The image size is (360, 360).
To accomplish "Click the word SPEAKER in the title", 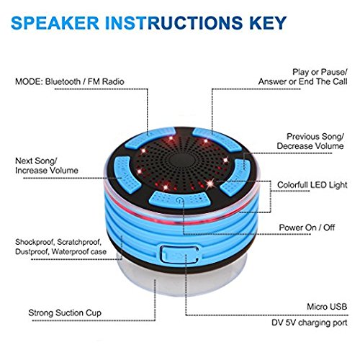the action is click(55, 23).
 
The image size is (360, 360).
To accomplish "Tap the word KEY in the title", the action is click(268, 23).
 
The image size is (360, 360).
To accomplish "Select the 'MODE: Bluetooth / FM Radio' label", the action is click(70, 81).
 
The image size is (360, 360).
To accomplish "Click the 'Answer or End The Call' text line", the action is click(303, 82).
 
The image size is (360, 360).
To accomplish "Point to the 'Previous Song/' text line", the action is click(315, 137).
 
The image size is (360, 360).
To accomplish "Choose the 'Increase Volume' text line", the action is click(47, 171).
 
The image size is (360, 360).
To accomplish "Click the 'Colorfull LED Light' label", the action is click(312, 185).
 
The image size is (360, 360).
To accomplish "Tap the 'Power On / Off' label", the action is click(307, 228).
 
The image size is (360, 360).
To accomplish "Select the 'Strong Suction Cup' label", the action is click(65, 313).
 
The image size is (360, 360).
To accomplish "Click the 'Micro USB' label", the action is click(327, 307).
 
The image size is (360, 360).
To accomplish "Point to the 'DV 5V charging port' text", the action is click(310, 323).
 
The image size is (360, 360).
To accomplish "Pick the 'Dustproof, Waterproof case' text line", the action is click(60, 251).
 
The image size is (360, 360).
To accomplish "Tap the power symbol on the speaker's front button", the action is click(179, 199).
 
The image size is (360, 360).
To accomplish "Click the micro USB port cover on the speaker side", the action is click(179, 254).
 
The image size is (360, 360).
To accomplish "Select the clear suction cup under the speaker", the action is click(181, 279).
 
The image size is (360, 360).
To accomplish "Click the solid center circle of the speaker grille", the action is click(181, 160).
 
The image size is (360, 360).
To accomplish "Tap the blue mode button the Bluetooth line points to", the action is click(150, 137).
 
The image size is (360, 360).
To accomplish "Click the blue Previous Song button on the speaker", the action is click(236, 177).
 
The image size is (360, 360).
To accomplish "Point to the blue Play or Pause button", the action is click(217, 138).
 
